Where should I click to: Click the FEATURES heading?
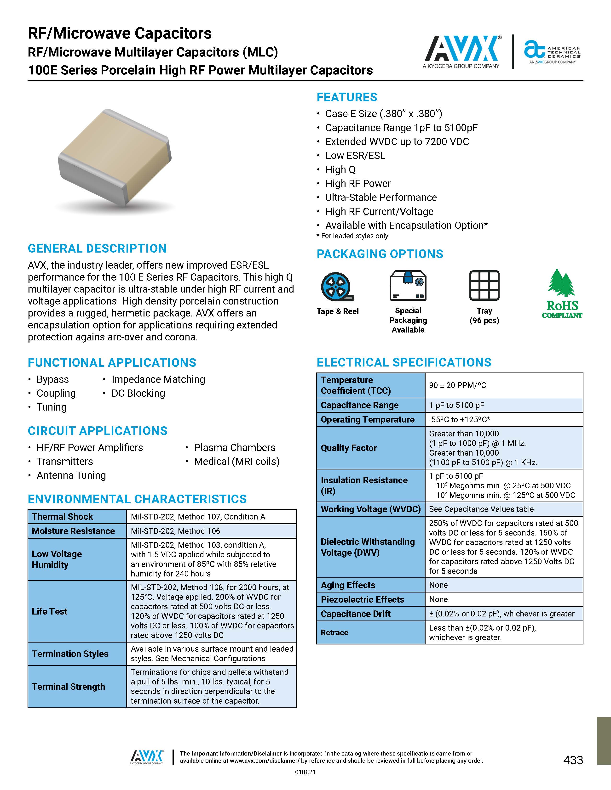click(x=347, y=97)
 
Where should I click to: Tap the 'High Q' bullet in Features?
click(x=340, y=170)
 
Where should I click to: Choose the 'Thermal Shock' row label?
click(x=62, y=517)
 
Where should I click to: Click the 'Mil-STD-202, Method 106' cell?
click(x=175, y=531)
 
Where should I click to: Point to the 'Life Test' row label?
click(x=50, y=611)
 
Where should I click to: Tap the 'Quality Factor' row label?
click(x=349, y=448)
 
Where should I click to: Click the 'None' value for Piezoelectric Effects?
click(x=438, y=599)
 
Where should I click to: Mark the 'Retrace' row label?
click(x=334, y=633)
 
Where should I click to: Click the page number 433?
click(x=573, y=760)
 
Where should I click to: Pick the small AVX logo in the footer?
click(x=147, y=757)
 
